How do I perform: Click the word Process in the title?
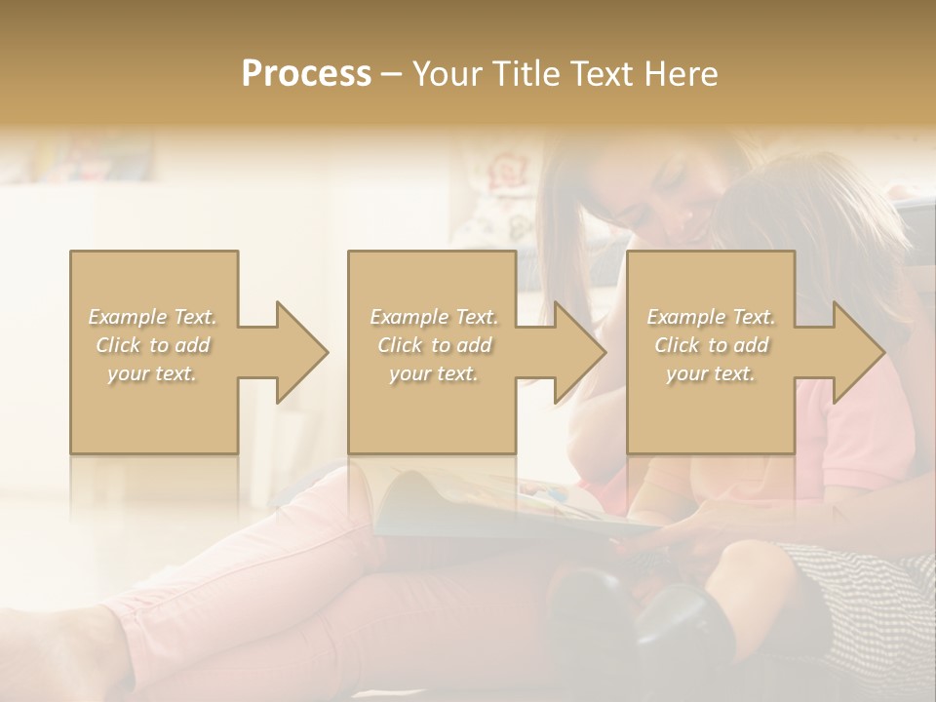click(306, 74)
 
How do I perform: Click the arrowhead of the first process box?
click(296, 352)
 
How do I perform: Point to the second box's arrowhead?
click(575, 352)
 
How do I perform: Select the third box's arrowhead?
click(854, 352)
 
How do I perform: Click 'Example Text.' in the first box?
click(152, 317)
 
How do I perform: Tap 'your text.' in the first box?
click(152, 373)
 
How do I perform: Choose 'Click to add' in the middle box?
click(433, 345)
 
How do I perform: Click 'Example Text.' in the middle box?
click(433, 317)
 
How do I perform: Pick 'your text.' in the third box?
click(710, 373)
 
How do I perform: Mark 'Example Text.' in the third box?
click(710, 317)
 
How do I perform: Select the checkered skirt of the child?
click(868, 595)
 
